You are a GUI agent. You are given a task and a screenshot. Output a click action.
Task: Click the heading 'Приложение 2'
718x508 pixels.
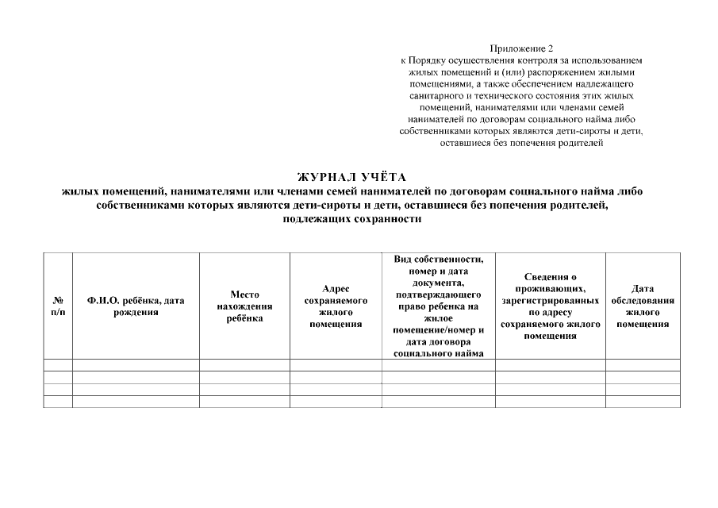pos(522,49)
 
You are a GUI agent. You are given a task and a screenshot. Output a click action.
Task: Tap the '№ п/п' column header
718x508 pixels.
pos(58,306)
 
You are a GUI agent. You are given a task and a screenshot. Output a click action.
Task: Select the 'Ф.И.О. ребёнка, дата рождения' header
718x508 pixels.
pos(136,306)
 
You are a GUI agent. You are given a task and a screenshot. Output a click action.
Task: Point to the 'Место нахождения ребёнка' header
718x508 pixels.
pos(244,306)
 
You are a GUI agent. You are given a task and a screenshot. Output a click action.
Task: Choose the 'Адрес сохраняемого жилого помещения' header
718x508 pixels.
pos(336,306)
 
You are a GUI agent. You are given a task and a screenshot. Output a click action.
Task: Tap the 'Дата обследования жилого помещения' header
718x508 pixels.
pos(643,306)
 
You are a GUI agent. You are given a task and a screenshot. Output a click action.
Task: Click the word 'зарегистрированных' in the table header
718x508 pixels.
pos(550,301)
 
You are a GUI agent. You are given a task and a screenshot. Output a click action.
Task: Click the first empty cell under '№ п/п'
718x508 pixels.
pos(58,365)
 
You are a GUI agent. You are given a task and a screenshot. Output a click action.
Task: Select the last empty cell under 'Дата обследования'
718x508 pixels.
pos(643,402)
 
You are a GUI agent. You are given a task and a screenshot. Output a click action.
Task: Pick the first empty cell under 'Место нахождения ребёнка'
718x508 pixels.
pos(244,365)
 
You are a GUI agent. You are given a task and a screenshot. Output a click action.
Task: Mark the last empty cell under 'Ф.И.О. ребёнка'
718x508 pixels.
pos(136,402)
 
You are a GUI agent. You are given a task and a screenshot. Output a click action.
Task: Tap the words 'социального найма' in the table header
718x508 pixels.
pos(438,354)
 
